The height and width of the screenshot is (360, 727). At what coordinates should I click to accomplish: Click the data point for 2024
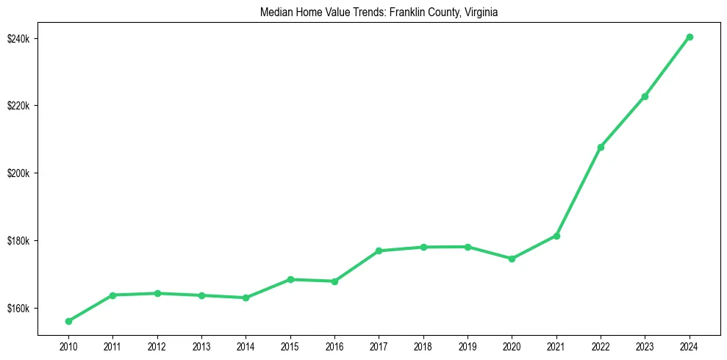click(690, 37)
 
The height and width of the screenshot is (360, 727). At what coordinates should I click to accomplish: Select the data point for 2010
click(68, 321)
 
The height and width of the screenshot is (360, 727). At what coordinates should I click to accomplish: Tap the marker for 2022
click(601, 147)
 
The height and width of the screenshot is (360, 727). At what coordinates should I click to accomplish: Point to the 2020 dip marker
click(512, 259)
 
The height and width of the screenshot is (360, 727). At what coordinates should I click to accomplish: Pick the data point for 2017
click(379, 251)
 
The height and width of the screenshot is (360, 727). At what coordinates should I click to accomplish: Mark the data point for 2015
click(290, 279)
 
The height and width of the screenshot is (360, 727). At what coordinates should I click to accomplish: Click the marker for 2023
click(645, 96)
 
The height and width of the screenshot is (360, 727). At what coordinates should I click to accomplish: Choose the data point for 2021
click(556, 236)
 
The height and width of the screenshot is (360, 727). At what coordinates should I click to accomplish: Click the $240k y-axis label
click(18, 38)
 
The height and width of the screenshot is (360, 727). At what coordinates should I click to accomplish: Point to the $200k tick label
click(18, 173)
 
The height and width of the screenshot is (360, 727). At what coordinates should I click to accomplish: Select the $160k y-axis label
click(18, 309)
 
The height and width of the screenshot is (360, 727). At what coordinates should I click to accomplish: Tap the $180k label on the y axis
click(18, 241)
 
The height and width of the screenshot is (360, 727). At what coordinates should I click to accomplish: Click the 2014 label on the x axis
click(246, 345)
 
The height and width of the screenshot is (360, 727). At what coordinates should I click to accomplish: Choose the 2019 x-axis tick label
click(468, 345)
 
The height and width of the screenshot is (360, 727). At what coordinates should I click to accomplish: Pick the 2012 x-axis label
click(157, 345)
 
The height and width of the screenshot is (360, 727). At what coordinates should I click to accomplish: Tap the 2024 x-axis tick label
click(690, 345)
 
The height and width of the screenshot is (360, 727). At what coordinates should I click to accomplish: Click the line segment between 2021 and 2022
click(579, 191)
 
